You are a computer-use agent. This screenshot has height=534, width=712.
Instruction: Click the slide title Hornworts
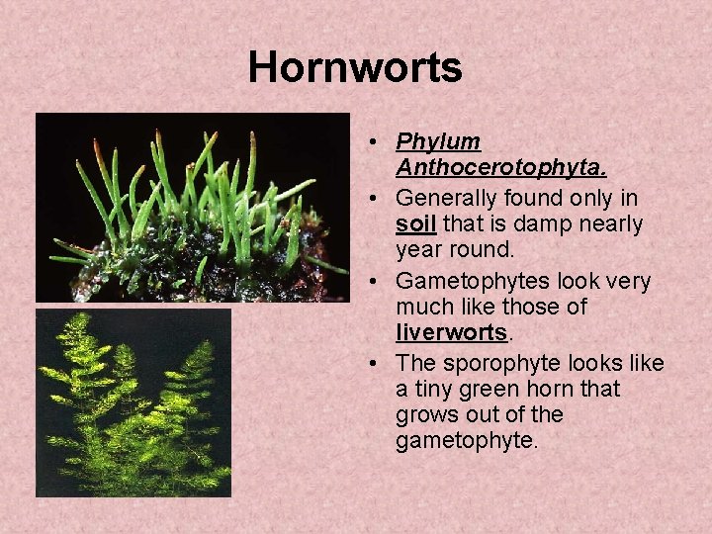point(355,68)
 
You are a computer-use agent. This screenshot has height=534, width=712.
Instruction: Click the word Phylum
point(438,142)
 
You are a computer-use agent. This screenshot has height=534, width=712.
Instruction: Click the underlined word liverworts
point(450,332)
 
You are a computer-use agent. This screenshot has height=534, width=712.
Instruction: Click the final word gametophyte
point(466,440)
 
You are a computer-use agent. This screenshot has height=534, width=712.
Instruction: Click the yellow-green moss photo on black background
point(133,403)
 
